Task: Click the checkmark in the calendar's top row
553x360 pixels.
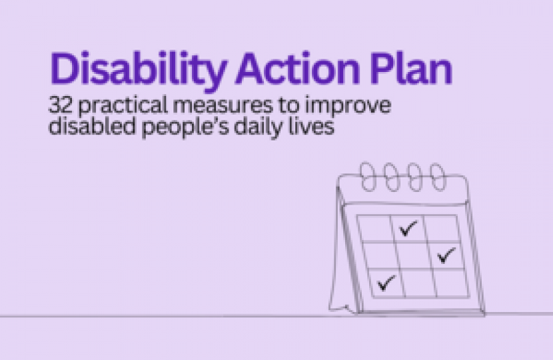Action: pos(408,230)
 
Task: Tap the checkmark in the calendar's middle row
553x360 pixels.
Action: pos(446,255)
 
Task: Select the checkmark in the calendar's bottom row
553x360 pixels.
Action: pos(386,284)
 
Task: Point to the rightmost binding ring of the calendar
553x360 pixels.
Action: pos(436,177)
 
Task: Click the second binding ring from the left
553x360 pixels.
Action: pos(391,177)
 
